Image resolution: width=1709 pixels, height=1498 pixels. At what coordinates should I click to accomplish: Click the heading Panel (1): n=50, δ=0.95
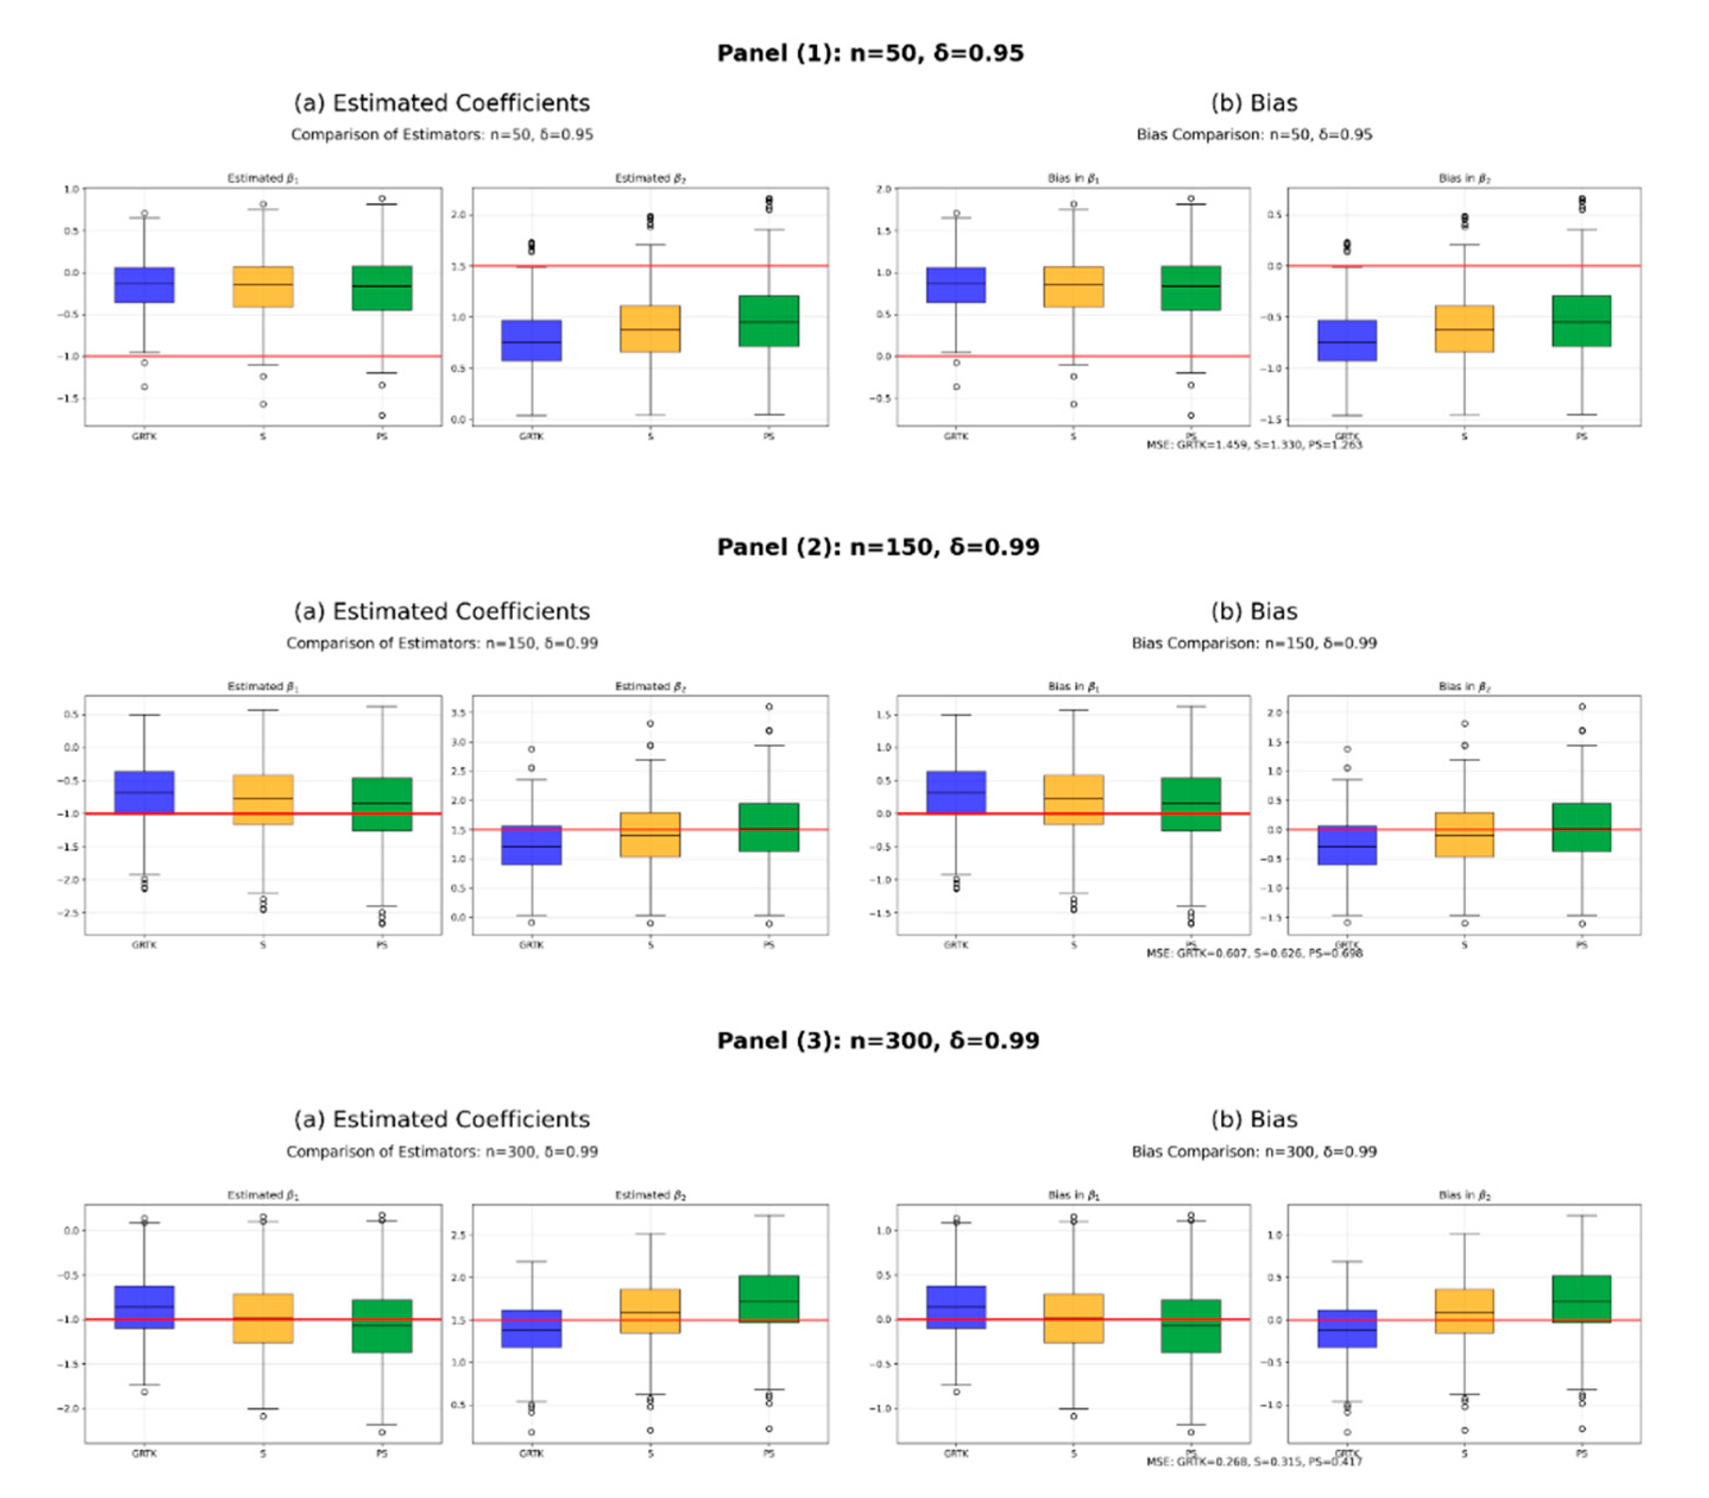click(x=869, y=53)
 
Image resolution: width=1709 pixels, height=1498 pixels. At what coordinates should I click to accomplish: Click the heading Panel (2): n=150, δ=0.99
click(x=878, y=547)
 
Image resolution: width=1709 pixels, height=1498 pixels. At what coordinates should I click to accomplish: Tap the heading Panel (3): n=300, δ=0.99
click(x=878, y=1040)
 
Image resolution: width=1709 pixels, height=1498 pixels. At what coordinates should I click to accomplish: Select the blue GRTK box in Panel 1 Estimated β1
click(x=144, y=285)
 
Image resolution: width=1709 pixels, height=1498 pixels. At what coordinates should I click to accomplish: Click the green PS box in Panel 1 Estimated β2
click(x=768, y=321)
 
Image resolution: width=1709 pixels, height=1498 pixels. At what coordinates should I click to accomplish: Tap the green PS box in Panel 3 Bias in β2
click(x=1581, y=1298)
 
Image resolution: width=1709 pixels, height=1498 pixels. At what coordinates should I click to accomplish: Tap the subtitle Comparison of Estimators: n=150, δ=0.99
click(x=442, y=643)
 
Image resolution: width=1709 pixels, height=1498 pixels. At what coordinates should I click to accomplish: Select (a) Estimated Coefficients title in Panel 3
click(x=442, y=1119)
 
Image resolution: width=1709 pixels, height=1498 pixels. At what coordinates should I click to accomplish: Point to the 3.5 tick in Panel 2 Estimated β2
click(x=458, y=713)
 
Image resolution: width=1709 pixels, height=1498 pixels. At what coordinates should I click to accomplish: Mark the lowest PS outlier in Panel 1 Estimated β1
click(x=382, y=415)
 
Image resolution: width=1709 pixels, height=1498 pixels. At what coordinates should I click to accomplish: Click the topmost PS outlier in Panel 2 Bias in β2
click(x=1581, y=707)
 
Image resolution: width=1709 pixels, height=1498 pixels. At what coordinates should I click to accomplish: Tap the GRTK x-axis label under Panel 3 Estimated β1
click(x=144, y=1453)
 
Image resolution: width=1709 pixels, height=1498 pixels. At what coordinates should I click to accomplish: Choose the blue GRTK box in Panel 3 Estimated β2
click(x=531, y=1328)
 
